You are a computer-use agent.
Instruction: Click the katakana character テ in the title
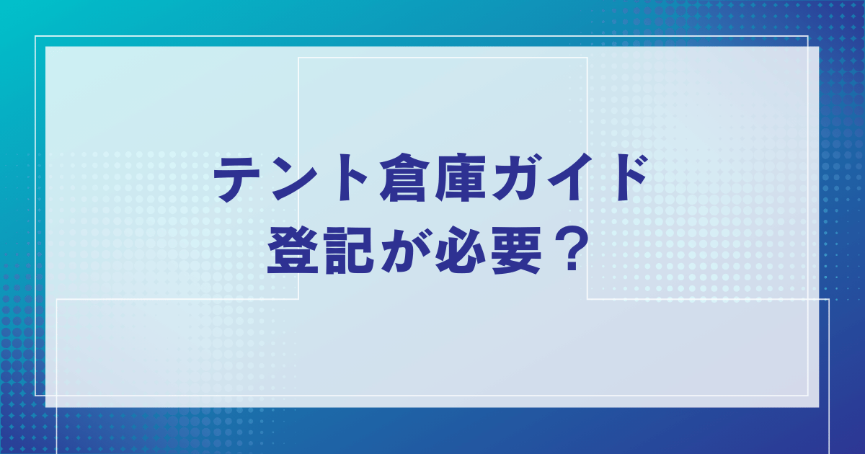[237, 178]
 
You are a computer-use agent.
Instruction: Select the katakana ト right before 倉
[352, 178]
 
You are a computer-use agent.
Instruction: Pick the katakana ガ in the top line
[518, 177]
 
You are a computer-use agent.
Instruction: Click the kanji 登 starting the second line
[293, 250]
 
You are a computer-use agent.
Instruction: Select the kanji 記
[349, 250]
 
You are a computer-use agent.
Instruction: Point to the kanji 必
[461, 250]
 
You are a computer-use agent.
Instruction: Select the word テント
[290, 178]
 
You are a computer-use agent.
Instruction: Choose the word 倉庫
[433, 178]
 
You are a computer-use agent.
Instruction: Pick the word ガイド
[569, 177]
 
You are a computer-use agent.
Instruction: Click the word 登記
[321, 250]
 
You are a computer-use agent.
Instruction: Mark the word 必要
[489, 250]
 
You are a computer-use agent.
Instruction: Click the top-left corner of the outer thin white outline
[35, 36]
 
